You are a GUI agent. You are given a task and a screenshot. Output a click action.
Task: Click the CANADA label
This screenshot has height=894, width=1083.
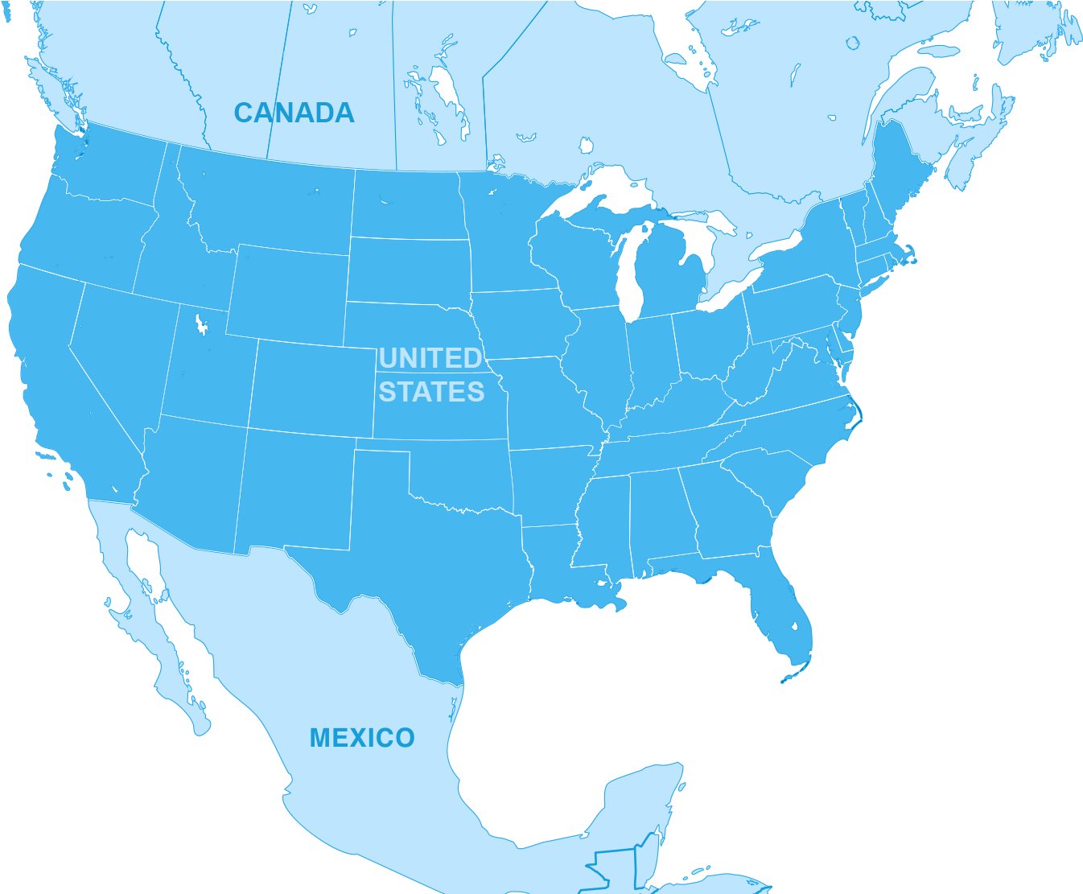tap(294, 113)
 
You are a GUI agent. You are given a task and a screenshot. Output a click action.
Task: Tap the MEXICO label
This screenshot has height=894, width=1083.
tap(362, 737)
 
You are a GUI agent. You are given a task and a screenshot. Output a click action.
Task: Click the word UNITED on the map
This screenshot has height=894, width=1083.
tap(430, 358)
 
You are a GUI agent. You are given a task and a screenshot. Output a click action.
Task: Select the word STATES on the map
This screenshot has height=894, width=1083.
tap(431, 392)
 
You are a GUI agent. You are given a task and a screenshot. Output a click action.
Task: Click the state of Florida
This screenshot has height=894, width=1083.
tap(784, 612)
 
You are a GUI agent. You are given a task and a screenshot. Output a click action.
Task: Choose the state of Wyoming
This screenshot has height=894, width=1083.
tap(288, 294)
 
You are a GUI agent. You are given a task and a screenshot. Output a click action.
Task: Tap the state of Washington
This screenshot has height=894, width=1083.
tap(109, 165)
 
